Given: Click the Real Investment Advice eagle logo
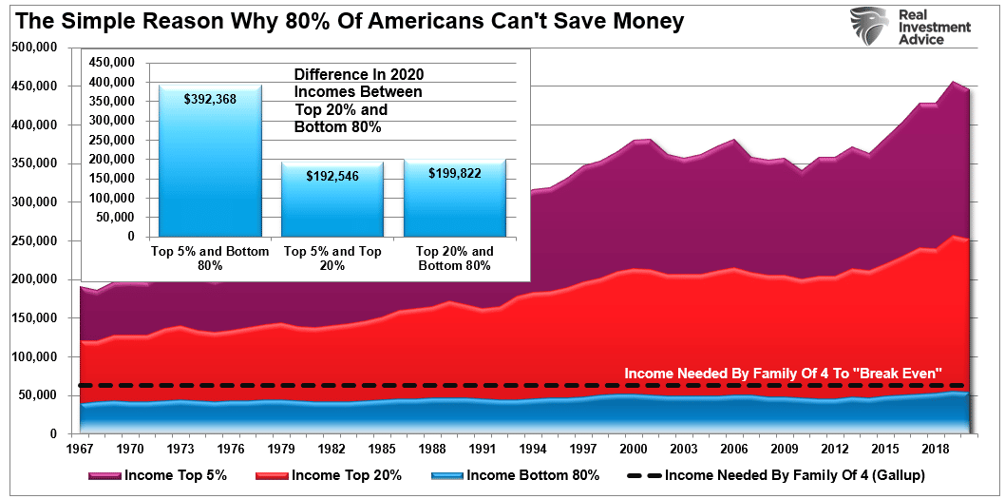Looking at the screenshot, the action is point(868,27).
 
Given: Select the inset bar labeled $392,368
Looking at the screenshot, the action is point(210,161).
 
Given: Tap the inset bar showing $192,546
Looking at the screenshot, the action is point(332,199).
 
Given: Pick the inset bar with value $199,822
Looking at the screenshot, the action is point(455,198).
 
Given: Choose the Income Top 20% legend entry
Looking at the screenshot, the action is point(329,475).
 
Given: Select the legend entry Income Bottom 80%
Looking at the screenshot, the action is point(515,475).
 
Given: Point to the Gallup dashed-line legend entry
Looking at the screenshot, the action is point(776,475).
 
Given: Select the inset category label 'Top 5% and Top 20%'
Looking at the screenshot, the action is point(332,259).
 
